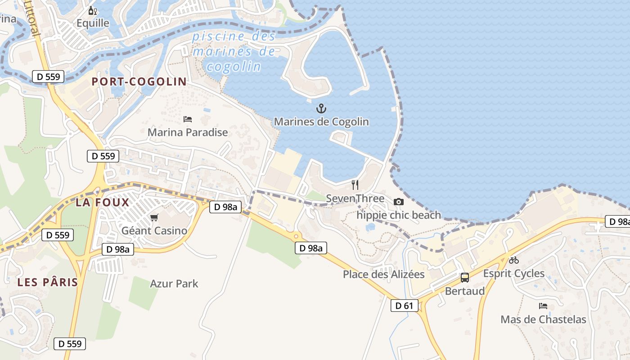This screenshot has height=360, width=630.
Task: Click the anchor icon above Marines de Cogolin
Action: [x=321, y=108]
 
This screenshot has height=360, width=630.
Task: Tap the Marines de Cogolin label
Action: [x=321, y=121]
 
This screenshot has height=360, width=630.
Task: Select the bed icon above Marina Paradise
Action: [x=188, y=119]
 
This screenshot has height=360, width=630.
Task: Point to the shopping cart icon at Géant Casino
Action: [x=154, y=218]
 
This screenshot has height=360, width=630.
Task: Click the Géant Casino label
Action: [x=154, y=231]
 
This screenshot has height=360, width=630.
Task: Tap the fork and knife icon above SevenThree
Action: [x=355, y=185]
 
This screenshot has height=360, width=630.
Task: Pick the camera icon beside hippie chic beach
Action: [x=398, y=202]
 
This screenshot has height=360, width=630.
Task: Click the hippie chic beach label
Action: [x=399, y=215]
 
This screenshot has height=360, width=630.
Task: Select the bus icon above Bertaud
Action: [x=464, y=278]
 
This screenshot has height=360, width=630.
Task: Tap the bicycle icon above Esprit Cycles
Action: [x=514, y=260]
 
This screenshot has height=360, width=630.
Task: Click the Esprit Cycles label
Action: [x=514, y=273]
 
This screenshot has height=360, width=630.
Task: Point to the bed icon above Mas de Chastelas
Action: [x=543, y=306]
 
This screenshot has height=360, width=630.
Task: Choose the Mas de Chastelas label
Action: [x=543, y=319]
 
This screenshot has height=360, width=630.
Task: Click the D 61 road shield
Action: [x=404, y=306]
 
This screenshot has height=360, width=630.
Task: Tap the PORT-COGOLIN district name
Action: [x=139, y=81]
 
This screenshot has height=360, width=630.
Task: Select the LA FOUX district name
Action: [x=103, y=202]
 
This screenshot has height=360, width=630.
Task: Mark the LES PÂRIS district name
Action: [x=48, y=283]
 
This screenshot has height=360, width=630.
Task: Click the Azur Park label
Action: [x=174, y=284]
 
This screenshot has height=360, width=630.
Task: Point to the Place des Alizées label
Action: [x=384, y=274]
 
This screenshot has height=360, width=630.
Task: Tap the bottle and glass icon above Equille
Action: [x=92, y=10]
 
